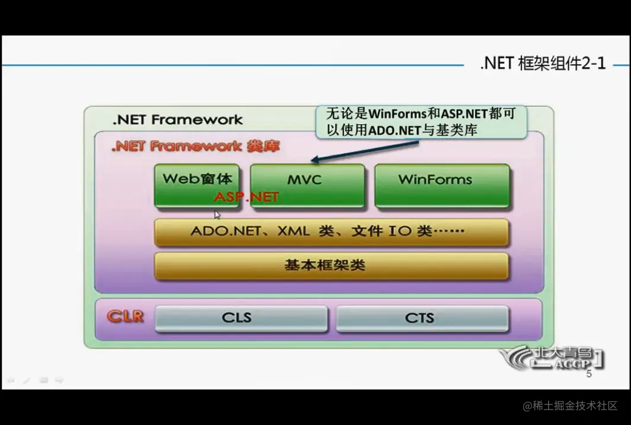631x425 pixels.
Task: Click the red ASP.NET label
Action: [246, 196]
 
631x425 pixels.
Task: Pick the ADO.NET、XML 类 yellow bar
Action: [331, 231]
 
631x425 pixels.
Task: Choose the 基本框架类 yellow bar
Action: [331, 265]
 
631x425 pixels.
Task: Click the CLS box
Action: [241, 318]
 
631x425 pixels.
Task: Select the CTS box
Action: [422, 318]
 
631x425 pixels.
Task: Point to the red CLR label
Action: [125, 316]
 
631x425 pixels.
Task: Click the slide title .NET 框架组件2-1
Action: [543, 64]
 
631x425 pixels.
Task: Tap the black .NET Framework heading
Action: [177, 119]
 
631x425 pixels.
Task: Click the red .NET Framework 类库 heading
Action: [196, 146]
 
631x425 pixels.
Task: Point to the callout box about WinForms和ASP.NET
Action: [420, 122]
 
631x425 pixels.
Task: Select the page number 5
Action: [589, 374]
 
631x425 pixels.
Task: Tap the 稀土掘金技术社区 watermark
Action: [570, 406]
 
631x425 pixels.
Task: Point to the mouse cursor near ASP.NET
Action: [218, 215]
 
